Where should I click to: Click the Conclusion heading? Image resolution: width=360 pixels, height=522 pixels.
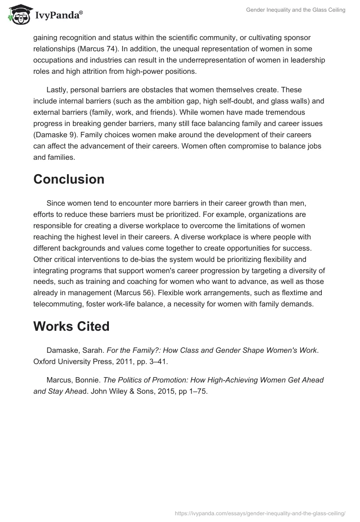pos(68,179)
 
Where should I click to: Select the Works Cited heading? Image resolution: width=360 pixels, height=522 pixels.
pos(71,326)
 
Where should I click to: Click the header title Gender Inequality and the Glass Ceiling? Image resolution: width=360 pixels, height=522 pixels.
pos(296,10)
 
